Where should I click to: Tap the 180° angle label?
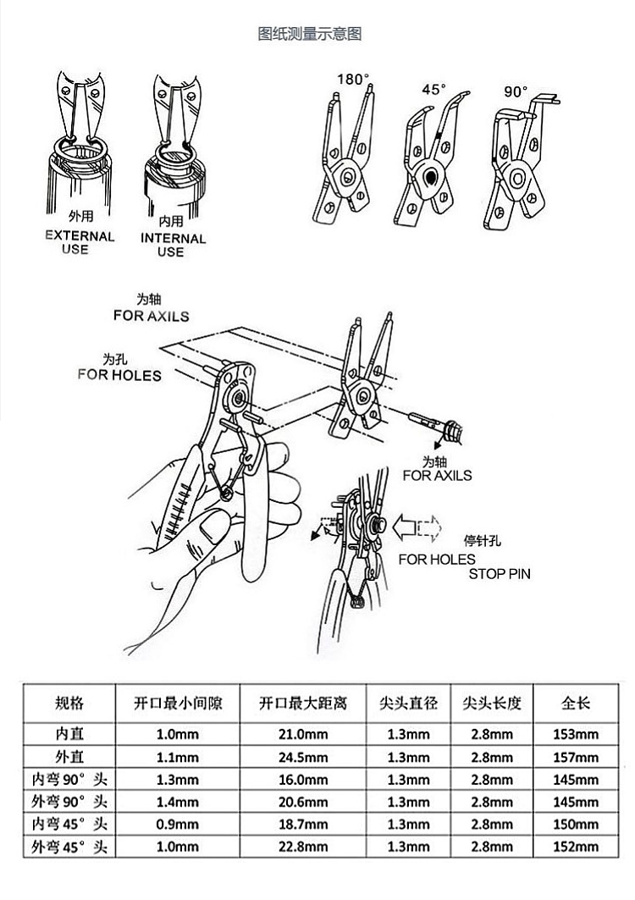tap(354, 80)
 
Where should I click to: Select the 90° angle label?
tap(516, 90)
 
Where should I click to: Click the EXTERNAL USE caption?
tap(80, 243)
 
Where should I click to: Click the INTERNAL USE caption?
tap(173, 245)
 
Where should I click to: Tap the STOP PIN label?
tap(500, 574)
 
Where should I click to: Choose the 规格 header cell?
tap(69, 703)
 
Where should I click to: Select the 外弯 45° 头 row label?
tap(69, 846)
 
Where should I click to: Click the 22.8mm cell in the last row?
tap(302, 846)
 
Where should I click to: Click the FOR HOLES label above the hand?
tap(119, 374)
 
